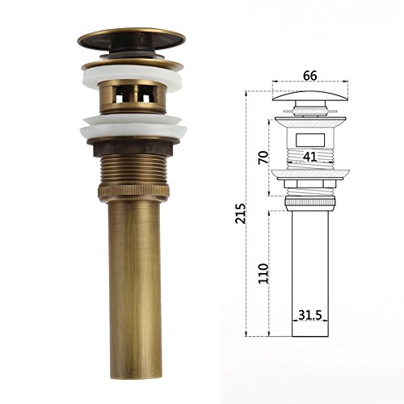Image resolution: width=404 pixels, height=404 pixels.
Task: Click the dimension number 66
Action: (310, 76)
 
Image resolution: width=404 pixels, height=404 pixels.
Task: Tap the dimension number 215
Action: (241, 213)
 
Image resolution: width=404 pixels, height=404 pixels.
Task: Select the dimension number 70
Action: (263, 158)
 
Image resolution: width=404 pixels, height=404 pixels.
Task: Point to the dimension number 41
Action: (310, 157)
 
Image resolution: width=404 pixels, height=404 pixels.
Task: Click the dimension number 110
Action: (263, 273)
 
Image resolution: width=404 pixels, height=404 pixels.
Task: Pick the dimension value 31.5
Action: (310, 315)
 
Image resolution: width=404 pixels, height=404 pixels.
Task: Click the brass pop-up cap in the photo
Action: (132, 40)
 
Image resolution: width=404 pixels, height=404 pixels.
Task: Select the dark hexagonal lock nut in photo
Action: (133, 148)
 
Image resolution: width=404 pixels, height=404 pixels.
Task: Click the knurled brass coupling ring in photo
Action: (133, 191)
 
